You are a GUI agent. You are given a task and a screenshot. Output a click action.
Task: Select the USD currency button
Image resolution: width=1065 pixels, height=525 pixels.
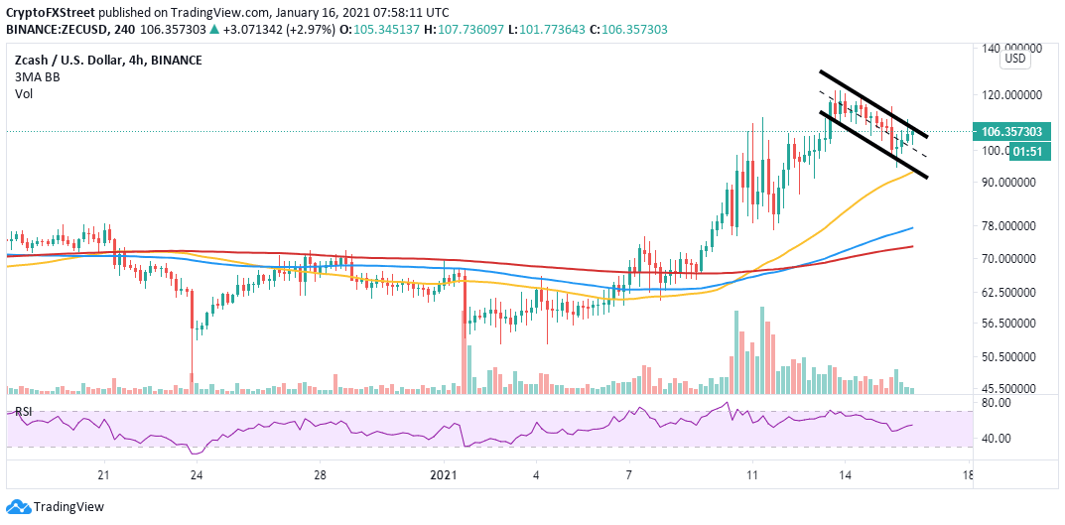click(1016, 59)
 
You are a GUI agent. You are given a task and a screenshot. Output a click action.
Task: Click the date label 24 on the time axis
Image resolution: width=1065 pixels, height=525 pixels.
click(197, 475)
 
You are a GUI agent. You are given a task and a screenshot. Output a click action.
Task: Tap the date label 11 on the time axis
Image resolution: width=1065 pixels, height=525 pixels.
click(751, 475)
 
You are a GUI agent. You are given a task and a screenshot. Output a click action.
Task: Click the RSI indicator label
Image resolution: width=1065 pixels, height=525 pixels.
click(20, 412)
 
